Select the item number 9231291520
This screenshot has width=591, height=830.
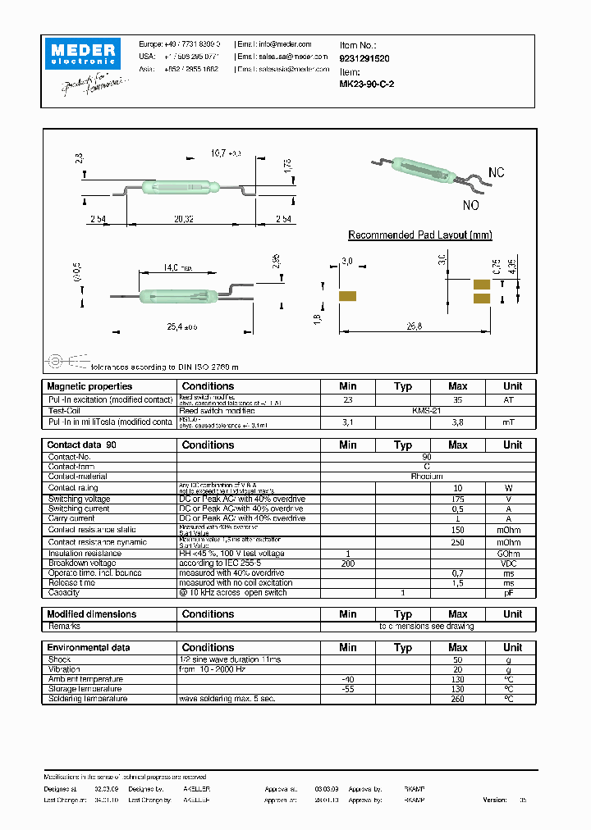[365, 59]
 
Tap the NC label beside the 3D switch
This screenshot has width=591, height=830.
[496, 173]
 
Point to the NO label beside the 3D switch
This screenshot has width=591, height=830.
[471, 206]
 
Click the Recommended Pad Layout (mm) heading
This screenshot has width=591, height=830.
[419, 235]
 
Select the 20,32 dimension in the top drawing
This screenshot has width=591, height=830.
[183, 219]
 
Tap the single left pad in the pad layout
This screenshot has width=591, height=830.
[347, 295]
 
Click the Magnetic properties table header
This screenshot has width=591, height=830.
[89, 386]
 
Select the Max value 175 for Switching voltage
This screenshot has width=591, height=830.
[457, 499]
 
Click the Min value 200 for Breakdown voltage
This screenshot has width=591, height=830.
[348, 563]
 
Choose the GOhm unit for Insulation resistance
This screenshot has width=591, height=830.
[512, 554]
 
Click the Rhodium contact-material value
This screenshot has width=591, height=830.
[427, 477]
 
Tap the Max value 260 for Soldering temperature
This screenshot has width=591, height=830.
[457, 699]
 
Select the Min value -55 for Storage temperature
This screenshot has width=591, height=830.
[348, 689]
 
